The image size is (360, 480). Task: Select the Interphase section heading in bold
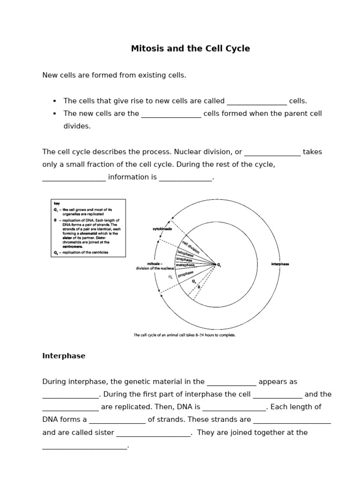point(64,356)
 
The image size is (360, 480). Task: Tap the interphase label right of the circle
point(280,264)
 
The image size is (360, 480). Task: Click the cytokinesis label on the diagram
point(162,229)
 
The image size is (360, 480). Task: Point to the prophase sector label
point(186,274)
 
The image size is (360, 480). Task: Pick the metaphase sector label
point(185,265)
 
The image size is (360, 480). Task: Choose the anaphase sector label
point(184,259)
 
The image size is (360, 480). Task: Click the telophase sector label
point(185,253)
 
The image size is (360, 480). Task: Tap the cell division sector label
point(190,247)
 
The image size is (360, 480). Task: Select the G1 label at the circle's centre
point(218,265)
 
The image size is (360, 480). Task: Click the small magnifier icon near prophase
point(171,277)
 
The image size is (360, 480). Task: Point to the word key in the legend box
point(57,204)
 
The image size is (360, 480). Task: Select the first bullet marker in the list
point(55,101)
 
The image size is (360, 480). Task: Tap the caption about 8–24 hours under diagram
point(185,335)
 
